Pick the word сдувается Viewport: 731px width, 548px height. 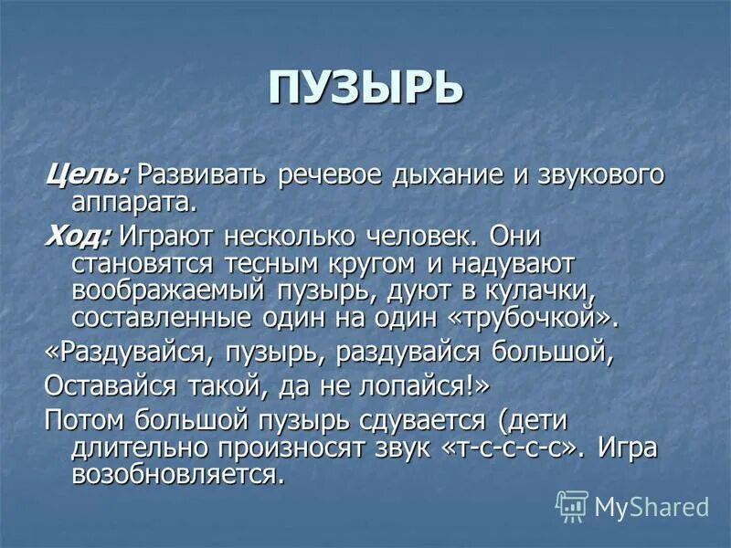(x=415, y=421)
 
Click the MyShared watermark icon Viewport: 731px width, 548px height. (x=572, y=505)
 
